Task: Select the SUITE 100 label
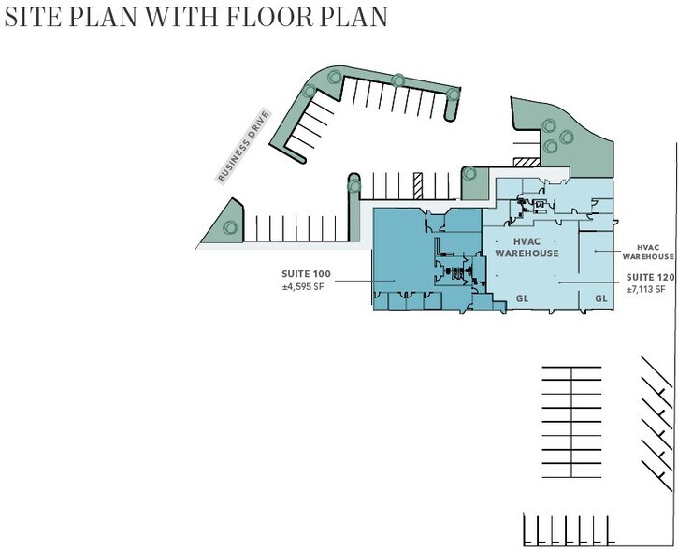[306, 274]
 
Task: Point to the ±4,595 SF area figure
[303, 286]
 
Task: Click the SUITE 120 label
[650, 277]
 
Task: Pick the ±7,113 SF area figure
[645, 289]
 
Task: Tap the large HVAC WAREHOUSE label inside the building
[527, 247]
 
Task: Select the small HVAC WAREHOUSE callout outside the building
[648, 253]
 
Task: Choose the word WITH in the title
[182, 17]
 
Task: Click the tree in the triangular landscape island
[230, 227]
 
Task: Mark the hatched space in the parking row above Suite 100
[418, 186]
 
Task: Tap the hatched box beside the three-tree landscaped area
[527, 162]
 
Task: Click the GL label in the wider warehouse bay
[523, 298]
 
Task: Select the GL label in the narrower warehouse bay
[601, 298]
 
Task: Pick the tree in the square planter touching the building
[469, 174]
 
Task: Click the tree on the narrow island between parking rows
[354, 186]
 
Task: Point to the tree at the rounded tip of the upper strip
[454, 94]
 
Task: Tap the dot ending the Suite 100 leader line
[394, 281]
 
